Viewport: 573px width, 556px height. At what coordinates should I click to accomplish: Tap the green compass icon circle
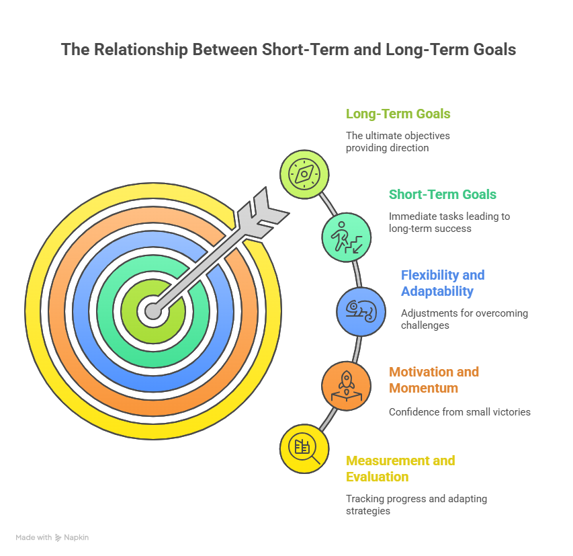[304, 174]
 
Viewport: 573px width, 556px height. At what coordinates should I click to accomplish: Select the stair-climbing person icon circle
[346, 237]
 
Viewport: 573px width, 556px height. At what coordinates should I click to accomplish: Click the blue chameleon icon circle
[361, 311]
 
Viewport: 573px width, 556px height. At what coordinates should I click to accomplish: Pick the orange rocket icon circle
[346, 385]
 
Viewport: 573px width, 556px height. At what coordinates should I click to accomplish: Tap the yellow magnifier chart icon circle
[304, 448]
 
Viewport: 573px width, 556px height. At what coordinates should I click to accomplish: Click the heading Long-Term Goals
[398, 114]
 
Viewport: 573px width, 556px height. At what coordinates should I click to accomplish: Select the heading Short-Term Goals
[443, 195]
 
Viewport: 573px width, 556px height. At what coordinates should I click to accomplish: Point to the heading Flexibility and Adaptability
[442, 283]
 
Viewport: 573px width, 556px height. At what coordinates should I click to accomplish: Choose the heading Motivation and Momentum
[433, 380]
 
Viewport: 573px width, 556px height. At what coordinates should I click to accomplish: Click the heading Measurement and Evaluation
[400, 469]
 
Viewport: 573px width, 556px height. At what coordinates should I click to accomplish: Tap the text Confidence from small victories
[459, 411]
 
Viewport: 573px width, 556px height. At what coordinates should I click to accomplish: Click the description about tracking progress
[416, 505]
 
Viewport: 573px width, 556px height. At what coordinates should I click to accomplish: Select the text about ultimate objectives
[398, 142]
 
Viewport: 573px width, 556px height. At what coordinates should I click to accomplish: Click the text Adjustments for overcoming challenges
[464, 319]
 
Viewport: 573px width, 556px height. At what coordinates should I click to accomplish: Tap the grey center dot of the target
[153, 311]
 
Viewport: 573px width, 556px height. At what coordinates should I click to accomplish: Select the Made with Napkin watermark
[52, 537]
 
